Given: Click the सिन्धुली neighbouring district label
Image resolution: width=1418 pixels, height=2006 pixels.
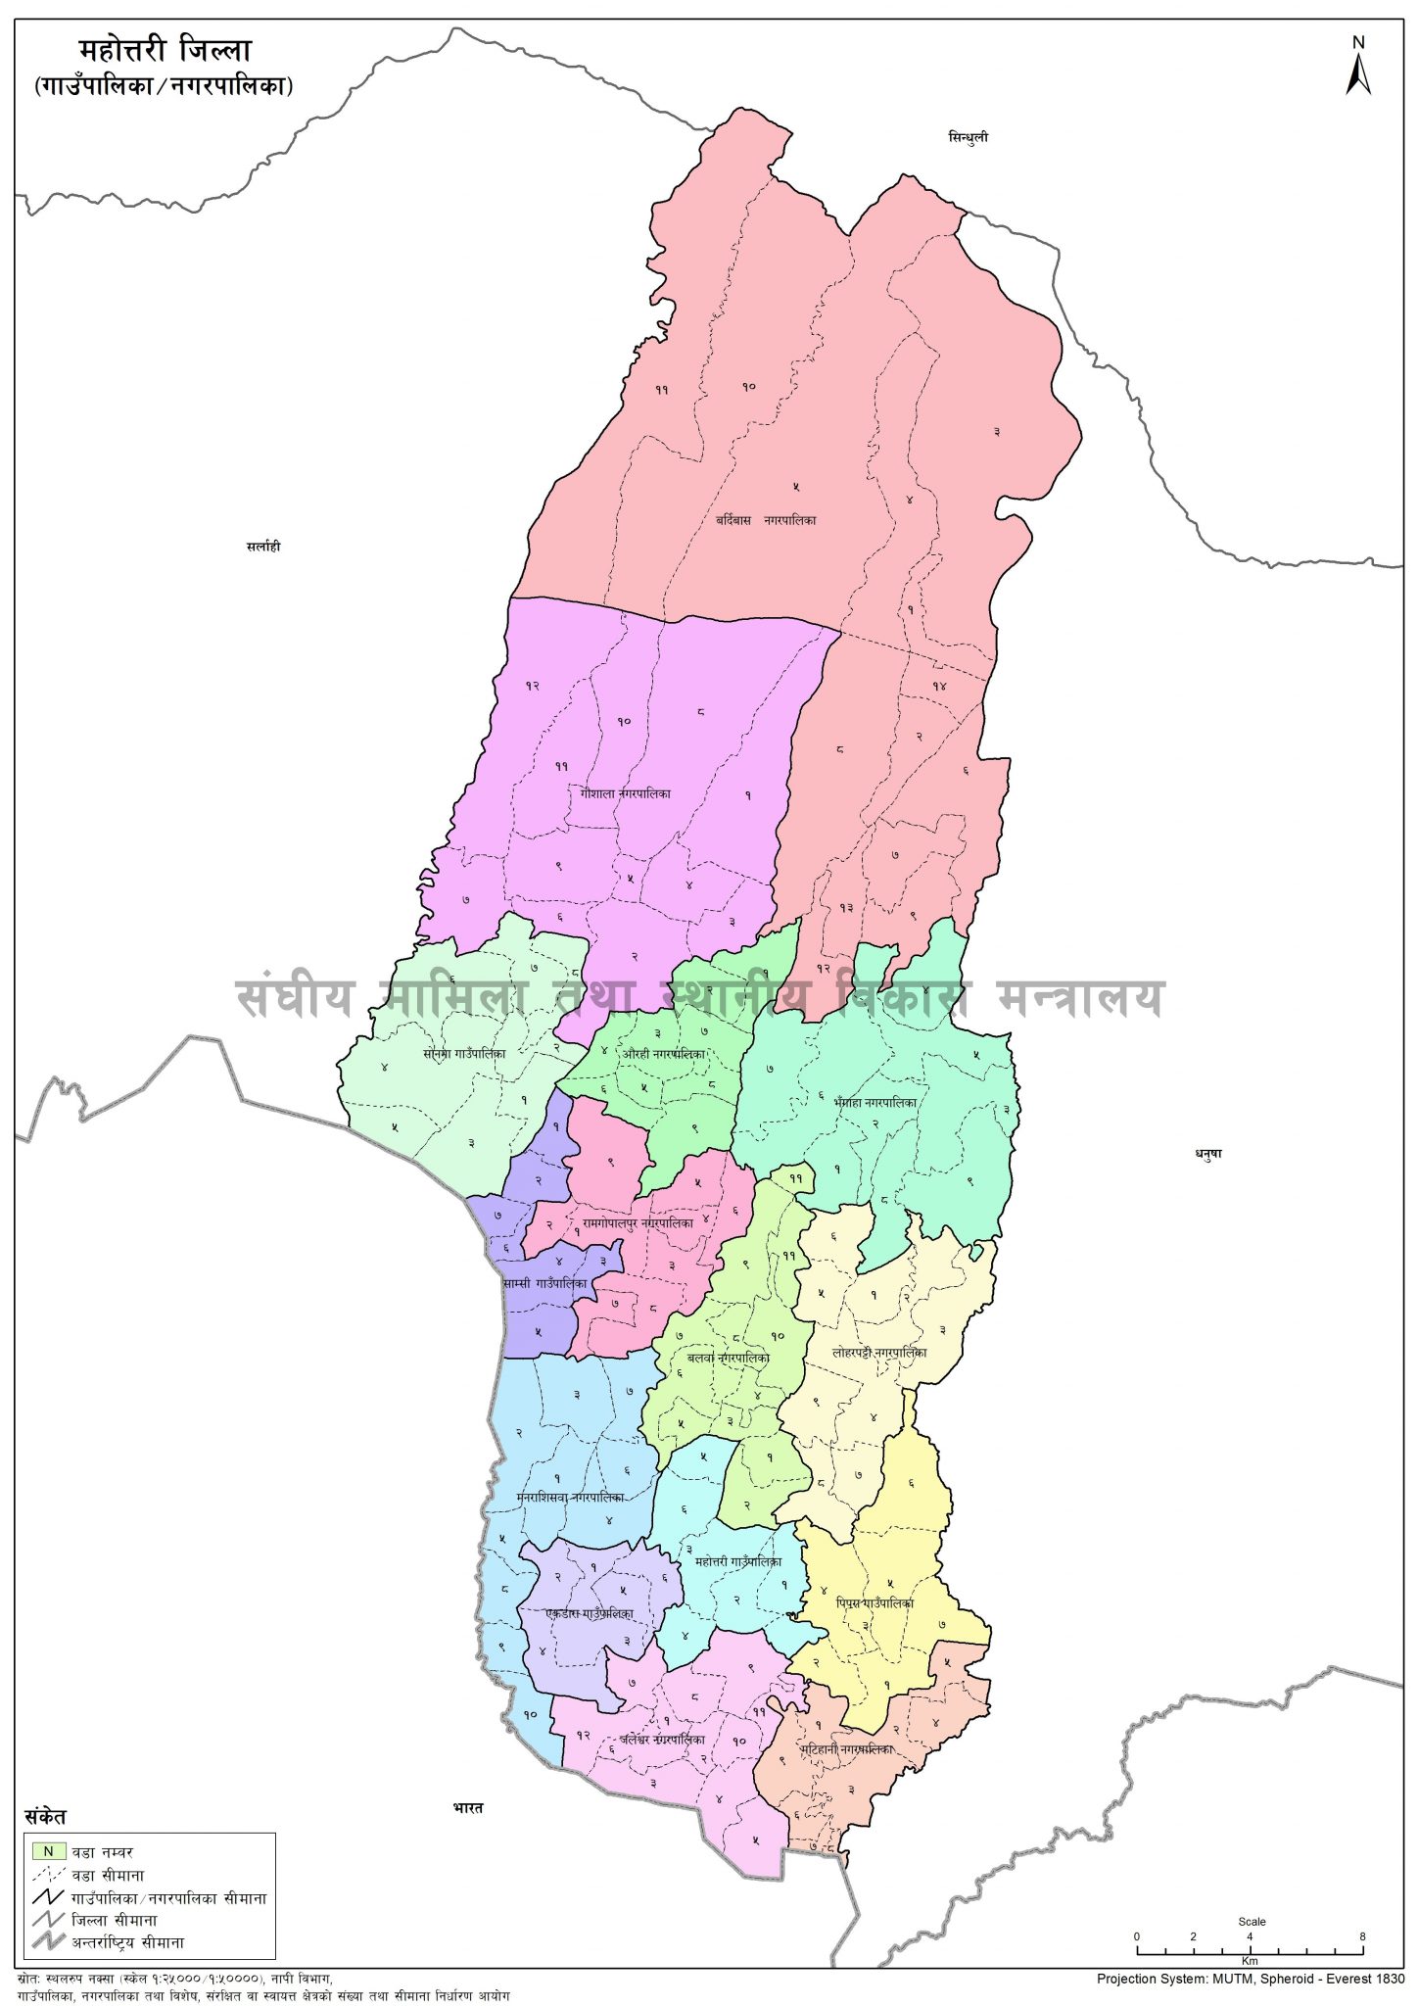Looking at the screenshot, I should coord(968,137).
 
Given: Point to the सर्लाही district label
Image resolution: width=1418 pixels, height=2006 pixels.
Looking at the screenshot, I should coord(263,547).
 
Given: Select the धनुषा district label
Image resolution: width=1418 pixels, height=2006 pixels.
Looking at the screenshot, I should coord(1207,1154).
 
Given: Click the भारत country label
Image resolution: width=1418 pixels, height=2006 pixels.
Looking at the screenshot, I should coord(468,1808).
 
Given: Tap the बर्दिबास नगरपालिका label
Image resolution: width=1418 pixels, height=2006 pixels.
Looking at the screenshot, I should coord(766,521).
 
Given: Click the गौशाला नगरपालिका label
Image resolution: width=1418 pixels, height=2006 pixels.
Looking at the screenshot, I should coord(624,793).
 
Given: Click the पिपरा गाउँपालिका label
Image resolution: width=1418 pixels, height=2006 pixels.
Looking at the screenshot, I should coord(874,1603).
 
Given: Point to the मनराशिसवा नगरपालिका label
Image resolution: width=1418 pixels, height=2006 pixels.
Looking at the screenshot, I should coord(569,1498).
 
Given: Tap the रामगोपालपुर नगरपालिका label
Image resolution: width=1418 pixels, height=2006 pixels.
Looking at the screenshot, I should coord(638,1223).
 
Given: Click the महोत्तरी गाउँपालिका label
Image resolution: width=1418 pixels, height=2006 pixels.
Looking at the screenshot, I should coord(737,1561).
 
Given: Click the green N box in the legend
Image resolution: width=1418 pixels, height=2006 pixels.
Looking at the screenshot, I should coord(48,1852).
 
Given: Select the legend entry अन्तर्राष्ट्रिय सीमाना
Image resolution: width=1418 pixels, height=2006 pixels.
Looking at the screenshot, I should coord(126,1942).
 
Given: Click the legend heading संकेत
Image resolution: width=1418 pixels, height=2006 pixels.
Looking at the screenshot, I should coord(45,1816).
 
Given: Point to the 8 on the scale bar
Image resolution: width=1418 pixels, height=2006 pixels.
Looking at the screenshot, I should coord(1362,1936).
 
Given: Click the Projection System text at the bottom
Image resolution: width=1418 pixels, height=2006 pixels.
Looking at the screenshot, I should coord(1250,1979).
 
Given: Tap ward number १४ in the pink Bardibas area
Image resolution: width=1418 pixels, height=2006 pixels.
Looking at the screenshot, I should coord(939,687).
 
